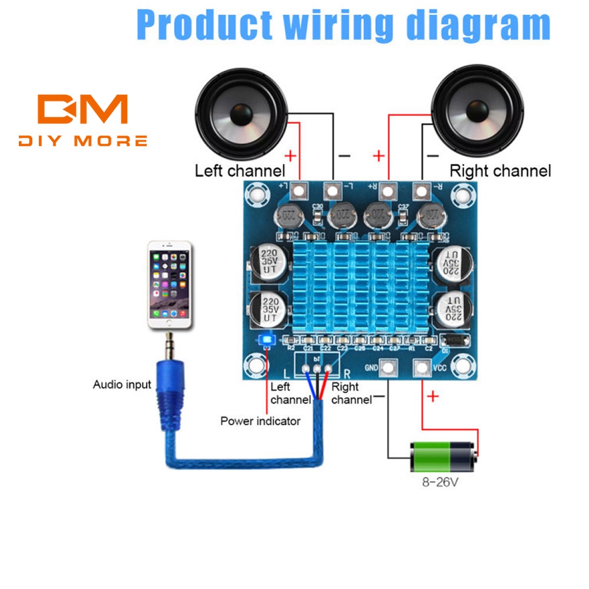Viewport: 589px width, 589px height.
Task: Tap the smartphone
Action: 170,285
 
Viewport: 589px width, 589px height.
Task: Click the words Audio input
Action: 122,385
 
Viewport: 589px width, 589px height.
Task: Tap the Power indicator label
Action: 260,421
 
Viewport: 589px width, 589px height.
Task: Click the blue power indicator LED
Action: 267,340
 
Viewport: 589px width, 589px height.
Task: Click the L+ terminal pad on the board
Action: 300,191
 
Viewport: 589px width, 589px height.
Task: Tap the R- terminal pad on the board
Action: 421,191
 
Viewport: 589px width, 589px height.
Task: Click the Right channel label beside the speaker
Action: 500,171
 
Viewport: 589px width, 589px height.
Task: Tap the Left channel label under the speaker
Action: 240,171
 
